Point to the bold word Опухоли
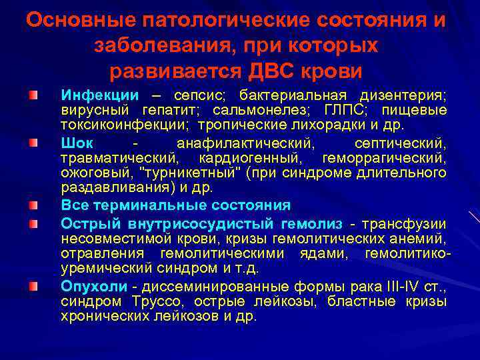point(93,287)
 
